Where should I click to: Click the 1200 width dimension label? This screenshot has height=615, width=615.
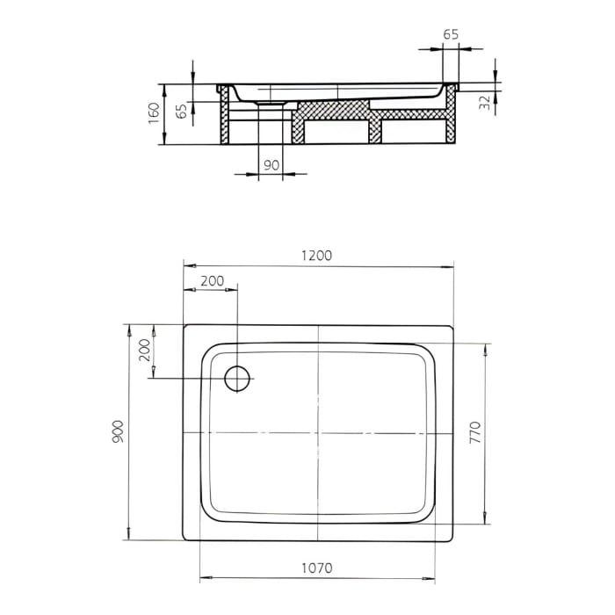[x=317, y=256]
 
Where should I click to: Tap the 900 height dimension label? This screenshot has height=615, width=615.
[x=119, y=430]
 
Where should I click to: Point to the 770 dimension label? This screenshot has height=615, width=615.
[x=499, y=430]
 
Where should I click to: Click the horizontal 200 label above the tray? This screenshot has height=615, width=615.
[x=212, y=281]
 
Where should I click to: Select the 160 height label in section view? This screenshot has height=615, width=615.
[x=154, y=113]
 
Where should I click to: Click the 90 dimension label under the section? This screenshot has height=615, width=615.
[x=271, y=165]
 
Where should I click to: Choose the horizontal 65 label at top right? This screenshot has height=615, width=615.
[x=450, y=34]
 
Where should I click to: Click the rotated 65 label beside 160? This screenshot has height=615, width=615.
[x=181, y=112]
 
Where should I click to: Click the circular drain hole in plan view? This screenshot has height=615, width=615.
[x=238, y=378]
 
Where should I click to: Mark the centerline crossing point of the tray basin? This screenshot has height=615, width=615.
[x=318, y=432]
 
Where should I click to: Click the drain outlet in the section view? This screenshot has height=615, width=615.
[x=271, y=104]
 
